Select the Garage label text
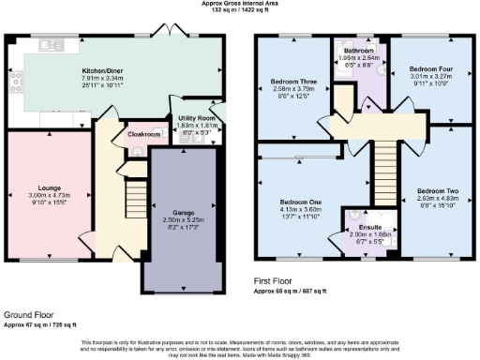[182, 187]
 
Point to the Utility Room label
[196, 117]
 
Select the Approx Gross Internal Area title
[241, 4]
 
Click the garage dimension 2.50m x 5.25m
[182, 194]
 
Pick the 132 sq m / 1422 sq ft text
[241, 11]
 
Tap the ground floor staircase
[137, 196]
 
